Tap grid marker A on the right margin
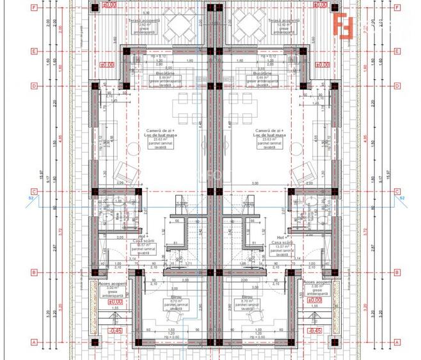(398, 341)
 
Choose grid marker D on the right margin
(398, 86)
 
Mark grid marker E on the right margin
(398, 51)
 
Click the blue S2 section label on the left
(29, 199)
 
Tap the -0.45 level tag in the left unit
(115, 331)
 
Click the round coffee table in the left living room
(135, 148)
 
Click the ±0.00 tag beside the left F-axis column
(109, 5)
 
